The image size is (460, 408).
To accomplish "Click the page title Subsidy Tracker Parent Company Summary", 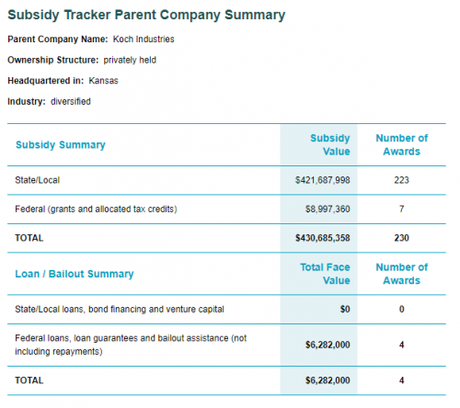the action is coord(146,16).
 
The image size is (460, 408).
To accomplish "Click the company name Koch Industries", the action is coord(144,40).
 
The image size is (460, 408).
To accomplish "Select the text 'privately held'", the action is coord(130,60).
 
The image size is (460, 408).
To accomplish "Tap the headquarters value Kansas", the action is coord(103,81).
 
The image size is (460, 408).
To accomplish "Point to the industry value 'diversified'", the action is coord(71,101).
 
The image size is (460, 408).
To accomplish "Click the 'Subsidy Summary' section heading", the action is coord(61,144).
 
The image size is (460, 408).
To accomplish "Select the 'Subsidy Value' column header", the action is coord(330,144).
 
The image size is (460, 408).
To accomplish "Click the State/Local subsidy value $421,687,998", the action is coord(323,180).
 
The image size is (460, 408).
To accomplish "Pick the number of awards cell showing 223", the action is coord(401,180).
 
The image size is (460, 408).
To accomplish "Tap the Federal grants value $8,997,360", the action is coord(328,210).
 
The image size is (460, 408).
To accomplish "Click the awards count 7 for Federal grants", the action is coord(401,210).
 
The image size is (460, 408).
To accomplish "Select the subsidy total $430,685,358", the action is coord(323,238).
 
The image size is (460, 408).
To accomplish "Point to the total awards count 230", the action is coord(401,238).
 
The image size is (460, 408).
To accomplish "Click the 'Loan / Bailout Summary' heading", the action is coord(75,274).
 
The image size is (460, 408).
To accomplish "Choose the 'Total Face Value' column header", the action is coord(325,274).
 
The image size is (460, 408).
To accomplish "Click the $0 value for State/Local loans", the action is coord(345,310).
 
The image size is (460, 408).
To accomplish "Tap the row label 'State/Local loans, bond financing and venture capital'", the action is coord(120,310).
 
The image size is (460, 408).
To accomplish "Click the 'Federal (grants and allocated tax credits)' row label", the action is coord(96,210).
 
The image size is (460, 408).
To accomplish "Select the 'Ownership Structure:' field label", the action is coord(53,60).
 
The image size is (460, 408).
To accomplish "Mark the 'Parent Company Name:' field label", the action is coord(58,40).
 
